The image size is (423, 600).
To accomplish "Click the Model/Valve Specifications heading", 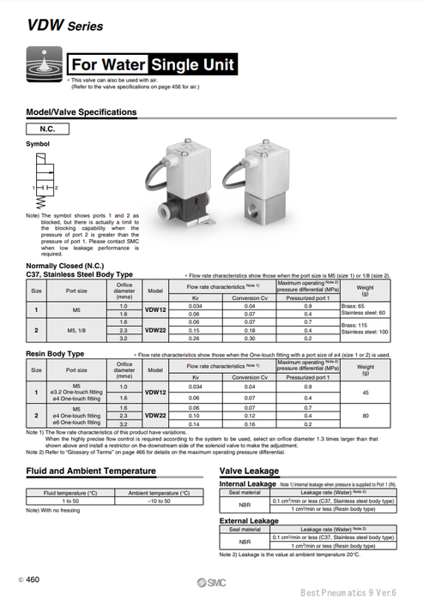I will pos(82,112).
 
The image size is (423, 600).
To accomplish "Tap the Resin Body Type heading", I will pos(55,353).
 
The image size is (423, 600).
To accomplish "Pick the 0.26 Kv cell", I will pos(196,338).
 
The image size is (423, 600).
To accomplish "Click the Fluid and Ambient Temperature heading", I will pos(91,471).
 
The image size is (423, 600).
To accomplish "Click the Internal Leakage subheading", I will pos(250,484).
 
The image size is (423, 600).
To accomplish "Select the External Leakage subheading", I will pos(250,520).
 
